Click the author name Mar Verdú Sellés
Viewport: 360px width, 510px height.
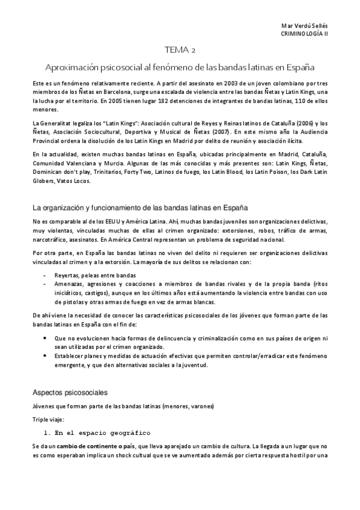pos(304,27)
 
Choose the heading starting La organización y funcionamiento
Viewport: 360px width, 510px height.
pos(141,207)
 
